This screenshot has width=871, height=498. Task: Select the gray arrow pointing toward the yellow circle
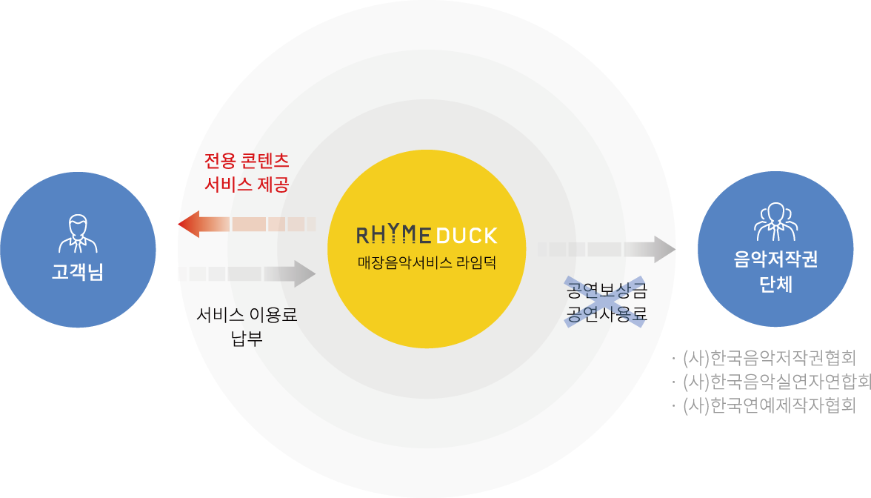point(252,273)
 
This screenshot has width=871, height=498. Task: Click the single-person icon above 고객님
point(78,233)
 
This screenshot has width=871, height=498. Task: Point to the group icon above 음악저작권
point(775,222)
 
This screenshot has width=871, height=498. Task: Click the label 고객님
point(78,273)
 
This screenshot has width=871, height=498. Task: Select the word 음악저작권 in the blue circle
point(775,259)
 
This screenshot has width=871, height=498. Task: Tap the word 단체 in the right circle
point(775,284)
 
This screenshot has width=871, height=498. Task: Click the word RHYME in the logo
point(393,236)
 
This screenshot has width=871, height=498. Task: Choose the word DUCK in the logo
point(466,236)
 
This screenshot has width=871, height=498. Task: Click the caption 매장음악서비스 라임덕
point(413,263)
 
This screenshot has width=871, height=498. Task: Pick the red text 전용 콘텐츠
point(247,161)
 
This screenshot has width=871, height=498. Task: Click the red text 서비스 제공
point(247,185)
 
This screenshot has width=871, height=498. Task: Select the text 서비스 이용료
point(247,314)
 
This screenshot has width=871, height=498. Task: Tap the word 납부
point(247,339)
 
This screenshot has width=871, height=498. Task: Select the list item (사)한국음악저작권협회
point(769,358)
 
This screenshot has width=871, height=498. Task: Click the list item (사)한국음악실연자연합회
point(775,382)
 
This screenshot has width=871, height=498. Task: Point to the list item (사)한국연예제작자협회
point(769,405)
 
